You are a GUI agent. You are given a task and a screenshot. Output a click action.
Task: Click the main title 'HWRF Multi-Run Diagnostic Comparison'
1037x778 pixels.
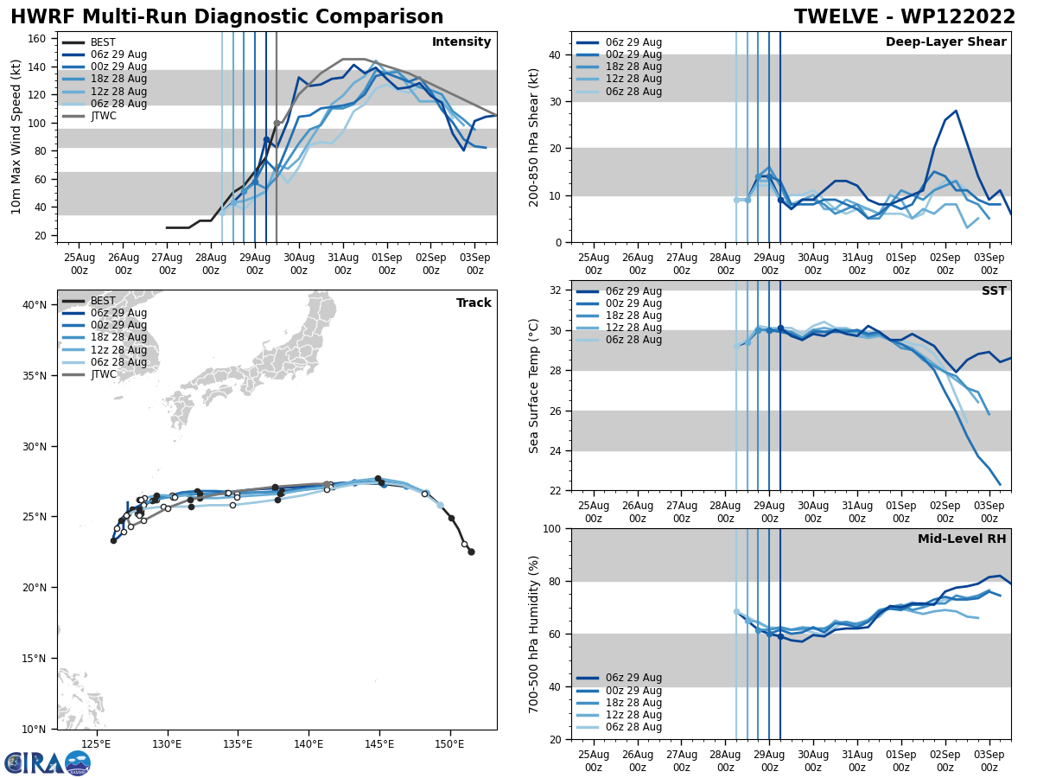pyautogui.click(x=226, y=17)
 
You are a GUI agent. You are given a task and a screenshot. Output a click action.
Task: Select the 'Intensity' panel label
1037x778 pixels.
pyautogui.click(x=461, y=42)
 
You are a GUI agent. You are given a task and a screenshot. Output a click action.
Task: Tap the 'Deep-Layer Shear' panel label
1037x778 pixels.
pyautogui.click(x=945, y=42)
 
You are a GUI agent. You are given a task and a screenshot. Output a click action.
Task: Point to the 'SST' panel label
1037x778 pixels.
pyautogui.click(x=994, y=291)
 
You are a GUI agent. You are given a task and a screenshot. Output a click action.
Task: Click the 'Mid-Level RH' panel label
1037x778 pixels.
pyautogui.click(x=962, y=539)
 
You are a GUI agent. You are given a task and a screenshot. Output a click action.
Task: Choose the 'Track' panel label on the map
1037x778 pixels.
pyautogui.click(x=474, y=303)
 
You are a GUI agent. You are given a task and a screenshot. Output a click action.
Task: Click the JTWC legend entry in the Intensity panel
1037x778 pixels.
pyautogui.click(x=103, y=116)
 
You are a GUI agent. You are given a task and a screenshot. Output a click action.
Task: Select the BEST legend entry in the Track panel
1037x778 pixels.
pyautogui.click(x=103, y=301)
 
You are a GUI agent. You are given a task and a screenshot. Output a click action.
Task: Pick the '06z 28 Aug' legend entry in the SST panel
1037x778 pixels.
pyautogui.click(x=633, y=340)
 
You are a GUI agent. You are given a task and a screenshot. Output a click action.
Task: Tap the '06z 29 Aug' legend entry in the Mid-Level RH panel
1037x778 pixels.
pyautogui.click(x=633, y=678)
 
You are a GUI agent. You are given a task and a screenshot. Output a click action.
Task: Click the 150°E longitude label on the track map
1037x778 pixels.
pyautogui.click(x=450, y=743)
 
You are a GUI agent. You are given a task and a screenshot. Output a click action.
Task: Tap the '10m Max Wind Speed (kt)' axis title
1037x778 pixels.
pyautogui.click(x=16, y=137)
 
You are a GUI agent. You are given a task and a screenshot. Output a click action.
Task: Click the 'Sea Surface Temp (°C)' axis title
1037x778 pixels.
pyautogui.click(x=535, y=386)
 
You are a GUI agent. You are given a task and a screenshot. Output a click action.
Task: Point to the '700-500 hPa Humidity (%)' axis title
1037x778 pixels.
pyautogui.click(x=535, y=634)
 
